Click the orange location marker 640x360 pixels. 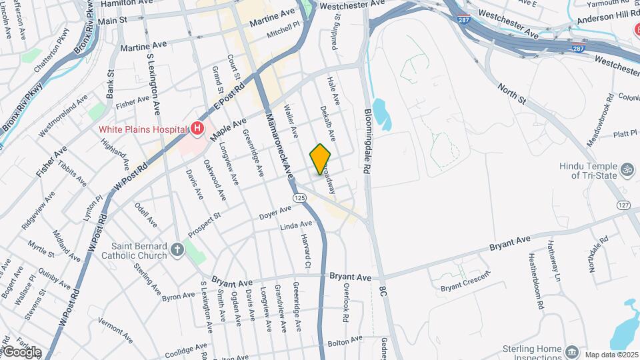tap(321, 159)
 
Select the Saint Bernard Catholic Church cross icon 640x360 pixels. tap(177, 250)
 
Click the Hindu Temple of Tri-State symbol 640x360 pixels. tap(625, 170)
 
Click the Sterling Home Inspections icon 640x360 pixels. tap(571, 352)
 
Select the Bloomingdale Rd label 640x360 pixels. tap(367, 141)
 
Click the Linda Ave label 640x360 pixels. tap(296, 226)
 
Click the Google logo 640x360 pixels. tap(21, 352)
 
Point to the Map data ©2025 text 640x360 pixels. tap(610, 354)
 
